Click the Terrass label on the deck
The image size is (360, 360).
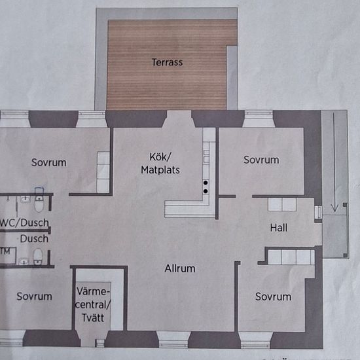tap(168, 63)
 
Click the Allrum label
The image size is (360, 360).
tap(179, 268)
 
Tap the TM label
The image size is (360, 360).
tap(5, 250)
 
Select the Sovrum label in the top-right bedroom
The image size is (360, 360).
tap(261, 160)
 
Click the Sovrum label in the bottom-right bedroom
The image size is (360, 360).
tap(273, 297)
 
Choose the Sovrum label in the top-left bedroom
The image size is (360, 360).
tap(48, 162)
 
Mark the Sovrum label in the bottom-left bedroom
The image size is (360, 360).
tap(34, 297)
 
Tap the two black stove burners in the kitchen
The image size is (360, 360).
tap(206, 186)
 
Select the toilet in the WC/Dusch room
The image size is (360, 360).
tap(39, 205)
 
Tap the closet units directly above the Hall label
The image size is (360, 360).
tap(282, 204)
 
